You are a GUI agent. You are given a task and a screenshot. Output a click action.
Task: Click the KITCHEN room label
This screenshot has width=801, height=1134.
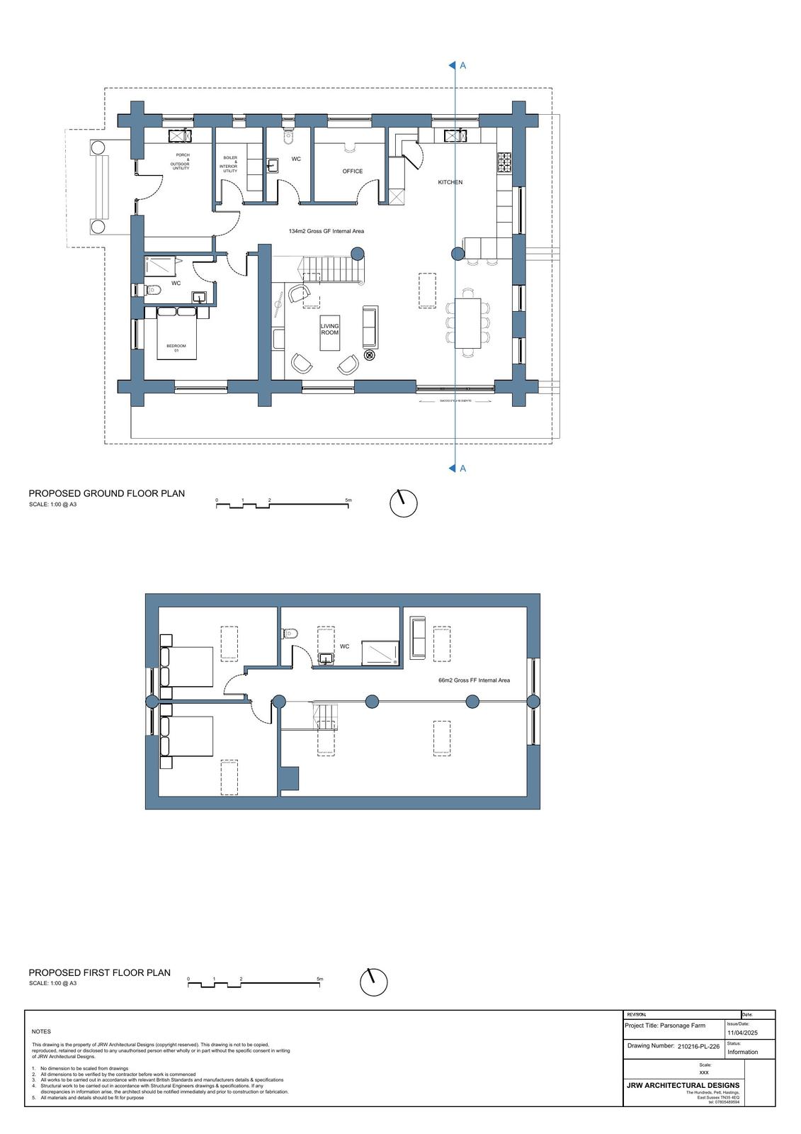point(450,182)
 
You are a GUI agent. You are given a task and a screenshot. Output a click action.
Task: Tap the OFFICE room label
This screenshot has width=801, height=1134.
point(352,172)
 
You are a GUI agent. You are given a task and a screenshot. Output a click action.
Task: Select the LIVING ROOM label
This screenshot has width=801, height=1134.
point(329,330)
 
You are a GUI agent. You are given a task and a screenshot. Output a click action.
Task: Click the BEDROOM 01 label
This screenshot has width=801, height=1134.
point(176,348)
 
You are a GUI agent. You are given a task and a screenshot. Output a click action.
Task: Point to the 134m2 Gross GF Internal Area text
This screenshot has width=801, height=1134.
point(326,232)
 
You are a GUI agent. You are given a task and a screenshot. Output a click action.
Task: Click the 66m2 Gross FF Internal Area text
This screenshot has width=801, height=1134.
point(474,680)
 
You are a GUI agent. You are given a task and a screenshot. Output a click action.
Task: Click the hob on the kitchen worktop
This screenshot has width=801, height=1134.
point(506,164)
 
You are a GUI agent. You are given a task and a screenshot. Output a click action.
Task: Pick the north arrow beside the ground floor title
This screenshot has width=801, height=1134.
point(403,503)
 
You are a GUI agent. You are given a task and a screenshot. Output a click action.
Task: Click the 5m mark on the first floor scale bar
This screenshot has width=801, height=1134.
point(320,979)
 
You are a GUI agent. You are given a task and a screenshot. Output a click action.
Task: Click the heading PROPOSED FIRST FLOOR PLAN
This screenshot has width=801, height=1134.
point(99,973)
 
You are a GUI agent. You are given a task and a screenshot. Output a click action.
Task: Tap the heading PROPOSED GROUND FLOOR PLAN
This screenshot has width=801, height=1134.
point(106,493)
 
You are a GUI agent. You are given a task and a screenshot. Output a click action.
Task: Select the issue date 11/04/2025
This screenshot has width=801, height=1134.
point(742,1033)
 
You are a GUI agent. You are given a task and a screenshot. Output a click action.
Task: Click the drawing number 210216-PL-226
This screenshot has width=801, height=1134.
point(698,1046)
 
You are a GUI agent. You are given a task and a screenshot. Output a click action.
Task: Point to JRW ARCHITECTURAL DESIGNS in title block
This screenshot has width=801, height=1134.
point(683,1085)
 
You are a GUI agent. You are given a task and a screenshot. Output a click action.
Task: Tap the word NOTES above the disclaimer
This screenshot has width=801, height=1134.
point(41,1032)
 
